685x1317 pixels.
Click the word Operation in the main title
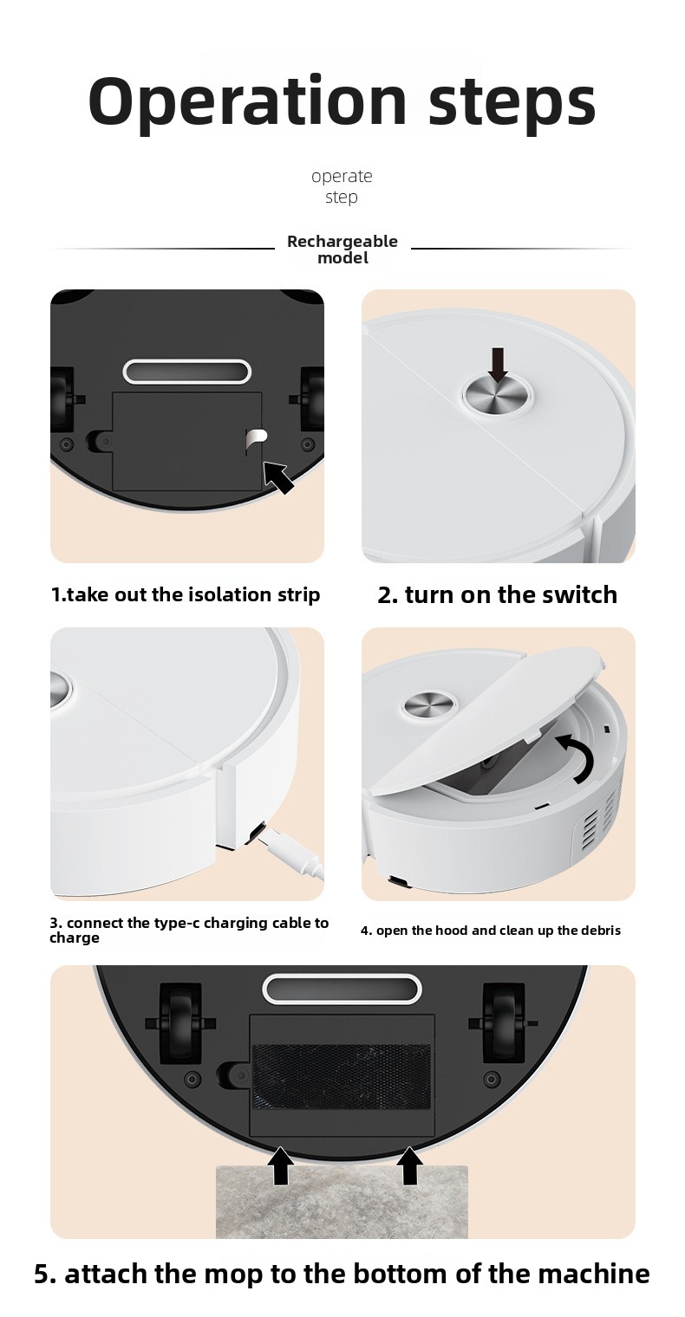[x=248, y=101]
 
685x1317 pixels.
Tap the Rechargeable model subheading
[x=342, y=250]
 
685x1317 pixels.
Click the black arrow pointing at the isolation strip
[x=278, y=477]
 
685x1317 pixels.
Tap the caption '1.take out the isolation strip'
[x=186, y=594]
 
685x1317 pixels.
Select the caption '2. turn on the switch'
[x=497, y=594]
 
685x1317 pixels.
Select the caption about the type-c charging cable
[x=189, y=930]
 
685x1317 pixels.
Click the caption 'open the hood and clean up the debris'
[x=490, y=931]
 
